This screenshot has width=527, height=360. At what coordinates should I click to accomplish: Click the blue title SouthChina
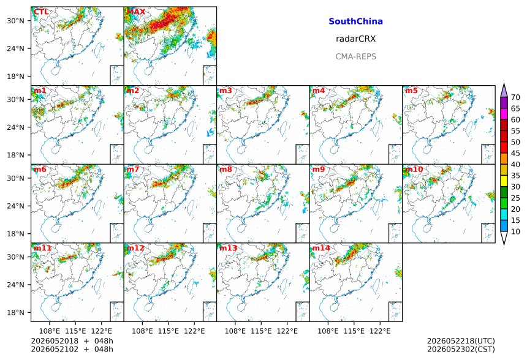[355, 21]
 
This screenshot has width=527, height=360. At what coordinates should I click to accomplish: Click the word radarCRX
[355, 39]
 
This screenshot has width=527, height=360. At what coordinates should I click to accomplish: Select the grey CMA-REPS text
[355, 56]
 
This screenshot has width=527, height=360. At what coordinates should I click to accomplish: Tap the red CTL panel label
[41, 12]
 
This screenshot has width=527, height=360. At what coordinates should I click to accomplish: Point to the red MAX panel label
[136, 12]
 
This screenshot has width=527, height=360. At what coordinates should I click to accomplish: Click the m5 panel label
[411, 91]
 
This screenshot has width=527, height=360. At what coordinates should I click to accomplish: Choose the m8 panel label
[226, 169]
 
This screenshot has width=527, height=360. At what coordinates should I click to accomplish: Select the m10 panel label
[414, 169]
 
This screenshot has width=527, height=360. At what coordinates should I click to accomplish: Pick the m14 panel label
[321, 248]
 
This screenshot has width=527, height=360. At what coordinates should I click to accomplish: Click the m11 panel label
[42, 248]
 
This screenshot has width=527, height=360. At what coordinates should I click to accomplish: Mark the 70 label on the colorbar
[515, 97]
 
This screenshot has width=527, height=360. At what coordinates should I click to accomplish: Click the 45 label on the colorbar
[515, 153]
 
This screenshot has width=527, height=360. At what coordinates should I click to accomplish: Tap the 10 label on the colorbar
[515, 231]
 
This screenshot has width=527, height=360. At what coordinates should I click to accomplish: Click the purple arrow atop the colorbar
[504, 91]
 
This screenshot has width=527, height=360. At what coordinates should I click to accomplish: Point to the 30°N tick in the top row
[16, 21]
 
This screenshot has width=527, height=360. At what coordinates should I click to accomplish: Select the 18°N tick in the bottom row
[16, 312]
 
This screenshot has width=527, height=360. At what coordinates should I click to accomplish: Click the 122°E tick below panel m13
[287, 331]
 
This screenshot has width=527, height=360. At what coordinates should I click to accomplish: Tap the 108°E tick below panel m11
[50, 331]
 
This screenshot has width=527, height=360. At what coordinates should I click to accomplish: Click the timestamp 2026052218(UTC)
[461, 341]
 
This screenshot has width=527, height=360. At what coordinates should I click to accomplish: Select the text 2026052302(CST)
[461, 349]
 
